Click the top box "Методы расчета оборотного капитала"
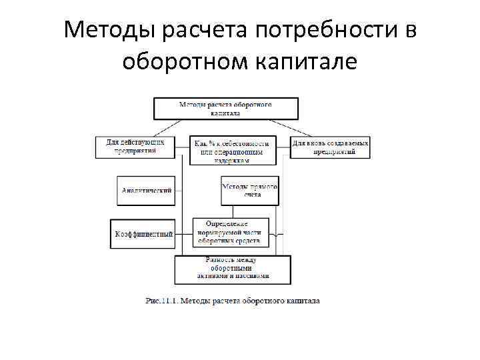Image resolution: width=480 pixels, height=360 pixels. [226, 109]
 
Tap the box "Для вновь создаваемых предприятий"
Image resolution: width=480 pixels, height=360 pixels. [330, 147]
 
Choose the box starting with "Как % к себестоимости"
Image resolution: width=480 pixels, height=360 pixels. [231, 151]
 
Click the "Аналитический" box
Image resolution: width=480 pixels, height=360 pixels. [145, 190]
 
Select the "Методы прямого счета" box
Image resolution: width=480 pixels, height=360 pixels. [249, 190]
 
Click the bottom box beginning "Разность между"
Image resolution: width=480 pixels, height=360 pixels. [232, 268]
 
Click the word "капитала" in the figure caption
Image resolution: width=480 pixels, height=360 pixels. [301, 301]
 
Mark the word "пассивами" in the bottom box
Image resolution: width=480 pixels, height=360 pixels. [253, 275]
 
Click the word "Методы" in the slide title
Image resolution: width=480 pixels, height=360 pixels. [107, 30]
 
